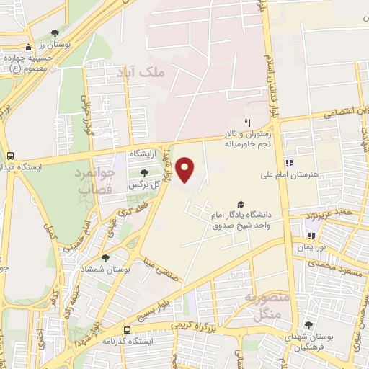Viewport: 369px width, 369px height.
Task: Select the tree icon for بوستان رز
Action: point(55,33)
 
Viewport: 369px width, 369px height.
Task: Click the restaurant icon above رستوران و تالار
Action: point(247,123)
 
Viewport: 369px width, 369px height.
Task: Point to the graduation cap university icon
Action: point(241,205)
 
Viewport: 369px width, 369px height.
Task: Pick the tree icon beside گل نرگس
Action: point(144,173)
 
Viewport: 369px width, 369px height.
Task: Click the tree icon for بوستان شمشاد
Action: point(106,257)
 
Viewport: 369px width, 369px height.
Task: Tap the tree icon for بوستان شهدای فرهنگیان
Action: point(308,325)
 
